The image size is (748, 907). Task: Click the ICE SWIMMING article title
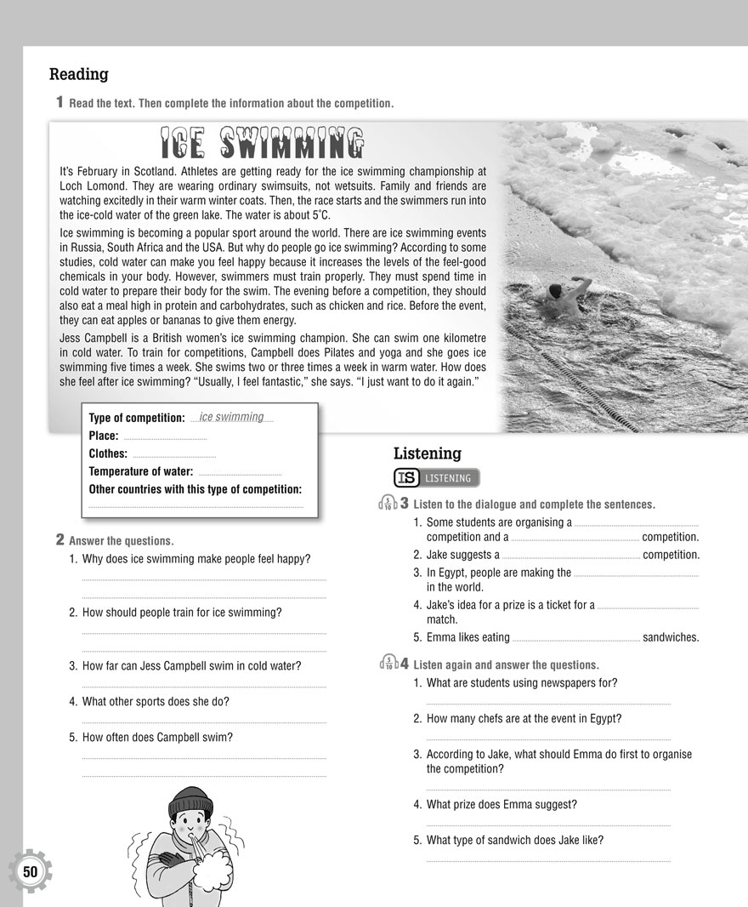coord(262,143)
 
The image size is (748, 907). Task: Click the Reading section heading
coord(79,74)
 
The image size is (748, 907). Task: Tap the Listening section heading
coord(427,453)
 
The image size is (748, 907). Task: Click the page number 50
coord(31,871)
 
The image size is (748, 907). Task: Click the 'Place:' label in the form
coord(104,436)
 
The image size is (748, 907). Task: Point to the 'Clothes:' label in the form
coord(108,453)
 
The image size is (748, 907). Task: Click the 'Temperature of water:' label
coord(141,471)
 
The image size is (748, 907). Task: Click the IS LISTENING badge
coord(437,478)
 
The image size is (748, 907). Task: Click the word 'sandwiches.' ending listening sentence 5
coord(671,637)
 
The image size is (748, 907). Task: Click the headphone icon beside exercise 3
coord(388,504)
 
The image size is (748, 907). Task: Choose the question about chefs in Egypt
coord(524,718)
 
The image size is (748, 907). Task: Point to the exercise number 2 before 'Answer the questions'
coord(60,539)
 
